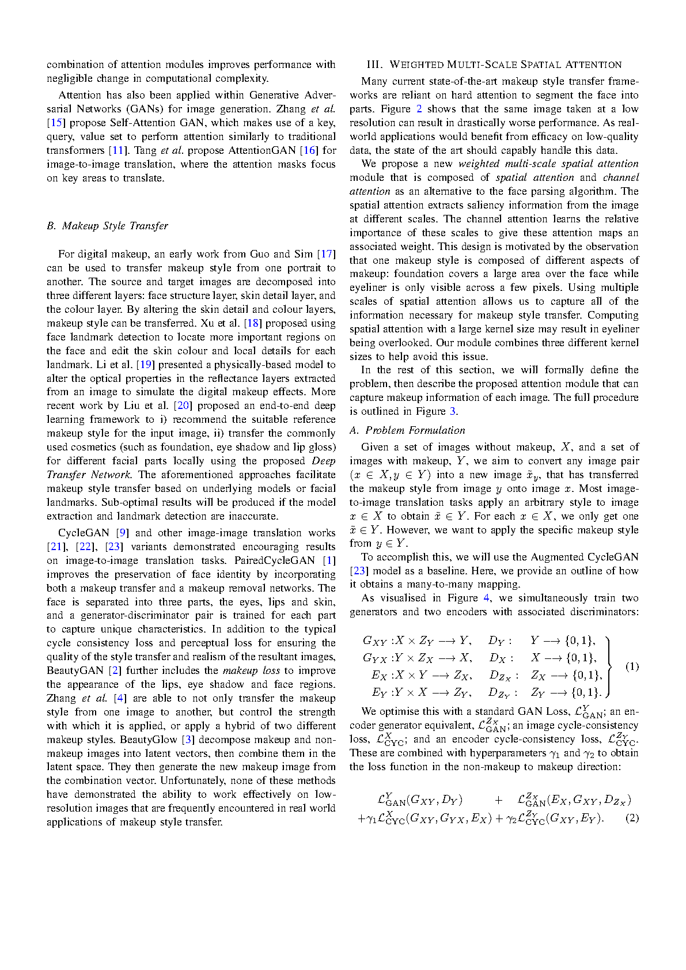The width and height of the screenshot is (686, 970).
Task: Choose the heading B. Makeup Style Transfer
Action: pos(108,226)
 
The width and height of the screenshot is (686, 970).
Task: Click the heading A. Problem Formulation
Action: pos(407,430)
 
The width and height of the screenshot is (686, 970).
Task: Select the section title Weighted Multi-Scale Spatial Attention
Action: pos(494,65)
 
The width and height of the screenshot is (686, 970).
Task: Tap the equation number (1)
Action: pos(632,666)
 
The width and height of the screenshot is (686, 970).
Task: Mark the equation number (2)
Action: pos(632,818)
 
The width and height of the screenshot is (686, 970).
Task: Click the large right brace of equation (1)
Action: pos(610,666)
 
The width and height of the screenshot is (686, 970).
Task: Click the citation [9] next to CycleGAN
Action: pos(122,533)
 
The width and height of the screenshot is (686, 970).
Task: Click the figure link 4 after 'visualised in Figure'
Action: pos(486,598)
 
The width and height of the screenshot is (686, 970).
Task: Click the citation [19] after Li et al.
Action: pos(145,365)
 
